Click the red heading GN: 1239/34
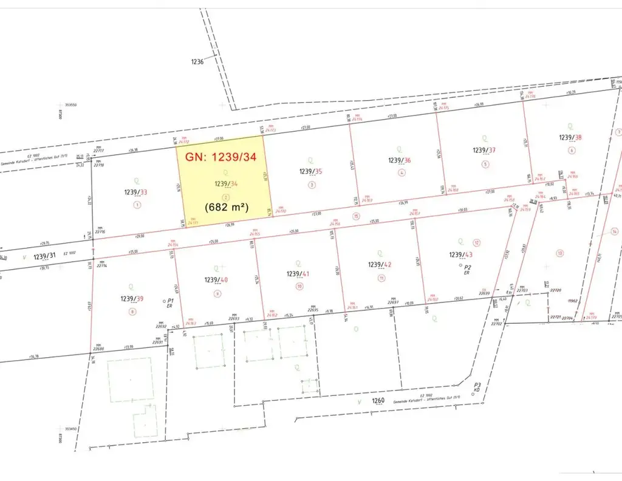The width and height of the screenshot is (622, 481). (x=220, y=157)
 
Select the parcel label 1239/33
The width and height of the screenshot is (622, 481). (x=135, y=193)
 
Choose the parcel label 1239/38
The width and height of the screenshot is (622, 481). (x=570, y=138)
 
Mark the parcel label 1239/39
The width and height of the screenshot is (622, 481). (x=132, y=298)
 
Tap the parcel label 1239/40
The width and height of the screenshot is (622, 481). (x=216, y=280)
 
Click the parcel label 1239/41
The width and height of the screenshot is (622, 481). (x=298, y=274)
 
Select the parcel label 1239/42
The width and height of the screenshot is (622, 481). (x=380, y=265)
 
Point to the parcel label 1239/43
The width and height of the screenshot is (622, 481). (x=460, y=254)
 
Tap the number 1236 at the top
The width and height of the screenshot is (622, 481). (x=196, y=61)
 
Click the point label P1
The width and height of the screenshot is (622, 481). (x=171, y=301)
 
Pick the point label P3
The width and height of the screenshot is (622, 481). (x=477, y=385)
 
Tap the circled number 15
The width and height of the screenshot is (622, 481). (x=356, y=216)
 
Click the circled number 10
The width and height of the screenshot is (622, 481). (x=299, y=285)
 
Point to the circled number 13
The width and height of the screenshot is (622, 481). (x=559, y=253)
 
